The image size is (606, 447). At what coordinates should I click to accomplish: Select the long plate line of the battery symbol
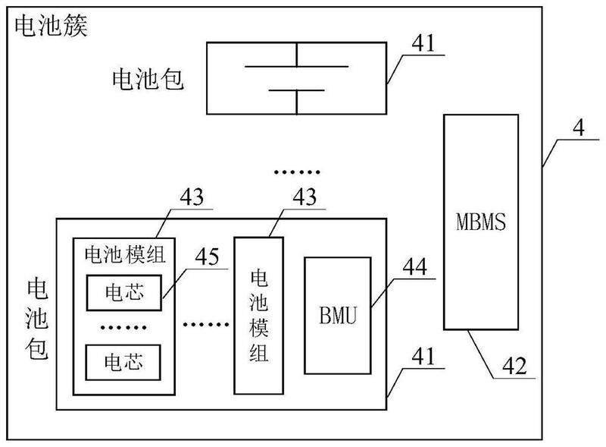click(295, 65)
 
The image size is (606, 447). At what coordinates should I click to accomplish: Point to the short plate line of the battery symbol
click(295, 90)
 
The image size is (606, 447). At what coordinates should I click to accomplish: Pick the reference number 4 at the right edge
click(578, 127)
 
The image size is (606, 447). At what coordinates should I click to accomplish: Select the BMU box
click(338, 315)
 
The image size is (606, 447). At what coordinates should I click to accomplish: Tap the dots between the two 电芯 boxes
click(123, 327)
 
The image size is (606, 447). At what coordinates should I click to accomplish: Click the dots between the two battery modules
click(205, 323)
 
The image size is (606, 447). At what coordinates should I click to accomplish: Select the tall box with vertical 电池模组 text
click(258, 315)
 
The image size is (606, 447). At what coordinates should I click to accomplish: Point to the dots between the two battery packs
click(296, 172)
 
